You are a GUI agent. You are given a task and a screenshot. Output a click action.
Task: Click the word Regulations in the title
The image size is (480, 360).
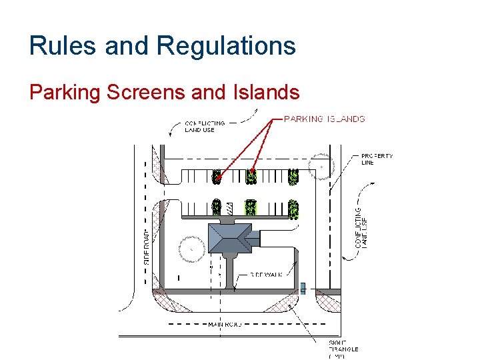pyautogui.click(x=226, y=46)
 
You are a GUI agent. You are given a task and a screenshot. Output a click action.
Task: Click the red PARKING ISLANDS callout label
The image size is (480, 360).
pyautogui.click(x=325, y=119)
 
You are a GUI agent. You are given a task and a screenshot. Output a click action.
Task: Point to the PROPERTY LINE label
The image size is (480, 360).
pyautogui.click(x=377, y=159)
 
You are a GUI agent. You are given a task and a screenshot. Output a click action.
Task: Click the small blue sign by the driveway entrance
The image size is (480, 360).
pyautogui.click(x=303, y=288)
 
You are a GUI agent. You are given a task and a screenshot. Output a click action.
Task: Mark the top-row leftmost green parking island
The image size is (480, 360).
pyautogui.click(x=216, y=177)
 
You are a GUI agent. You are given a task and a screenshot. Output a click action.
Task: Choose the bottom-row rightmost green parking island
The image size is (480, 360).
pyautogui.click(x=293, y=209)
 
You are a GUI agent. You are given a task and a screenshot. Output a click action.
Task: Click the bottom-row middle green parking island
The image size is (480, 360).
pyautogui.click(x=251, y=207)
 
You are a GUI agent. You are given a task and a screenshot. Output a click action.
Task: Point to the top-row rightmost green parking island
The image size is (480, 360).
pyautogui.click(x=293, y=177)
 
